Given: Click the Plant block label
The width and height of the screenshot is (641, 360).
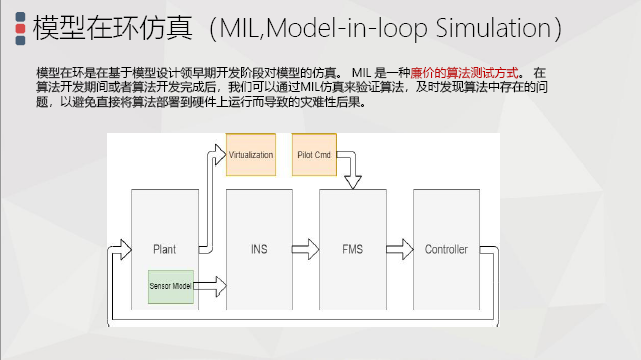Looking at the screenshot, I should [x=165, y=249].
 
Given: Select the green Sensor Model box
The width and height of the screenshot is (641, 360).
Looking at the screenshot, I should [x=173, y=286].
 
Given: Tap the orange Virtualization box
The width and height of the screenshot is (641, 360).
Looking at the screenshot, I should [x=250, y=155].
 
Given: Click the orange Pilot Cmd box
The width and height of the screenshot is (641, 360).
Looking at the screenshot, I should [x=316, y=155].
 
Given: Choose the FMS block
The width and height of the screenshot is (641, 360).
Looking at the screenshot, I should [x=352, y=249].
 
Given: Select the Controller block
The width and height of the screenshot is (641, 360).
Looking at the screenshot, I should [x=445, y=249].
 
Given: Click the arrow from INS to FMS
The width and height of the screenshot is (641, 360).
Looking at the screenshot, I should [x=306, y=249].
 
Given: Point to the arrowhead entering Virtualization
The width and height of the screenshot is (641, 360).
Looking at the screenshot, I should [x=221, y=153].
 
